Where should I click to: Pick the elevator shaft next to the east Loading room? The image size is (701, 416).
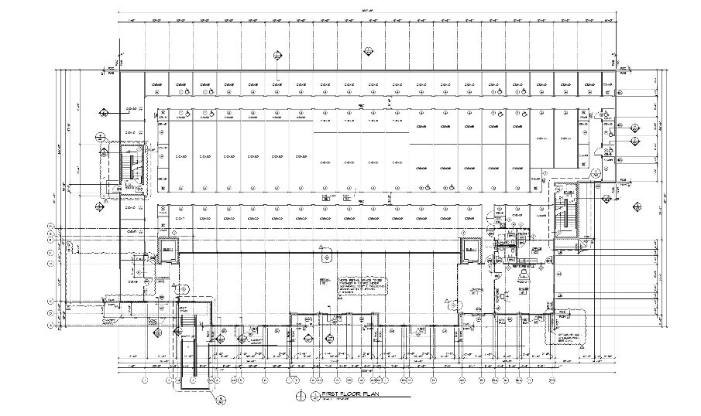click(x=469, y=249)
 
